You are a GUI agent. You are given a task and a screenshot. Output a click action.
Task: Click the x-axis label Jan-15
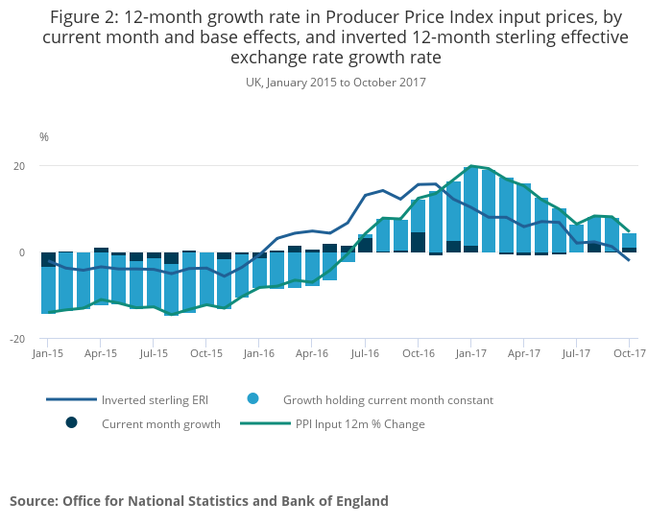click(x=48, y=354)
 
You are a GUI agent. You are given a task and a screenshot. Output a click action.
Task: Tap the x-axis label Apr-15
click(x=101, y=354)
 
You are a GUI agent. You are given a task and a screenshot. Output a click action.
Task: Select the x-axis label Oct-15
click(x=206, y=354)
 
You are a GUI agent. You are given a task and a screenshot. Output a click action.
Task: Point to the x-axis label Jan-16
click(x=259, y=354)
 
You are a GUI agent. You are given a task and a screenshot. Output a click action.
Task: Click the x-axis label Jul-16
click(x=365, y=354)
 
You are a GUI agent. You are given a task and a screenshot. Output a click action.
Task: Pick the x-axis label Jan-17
click(x=470, y=354)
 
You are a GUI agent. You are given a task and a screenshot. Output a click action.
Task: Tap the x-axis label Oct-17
click(x=629, y=354)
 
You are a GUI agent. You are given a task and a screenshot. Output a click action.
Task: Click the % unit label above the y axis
click(x=43, y=137)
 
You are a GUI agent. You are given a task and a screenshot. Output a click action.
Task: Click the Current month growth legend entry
click(x=160, y=423)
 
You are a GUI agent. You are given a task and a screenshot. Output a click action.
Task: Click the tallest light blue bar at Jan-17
click(x=471, y=206)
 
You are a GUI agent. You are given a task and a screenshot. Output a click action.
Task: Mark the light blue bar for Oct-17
click(x=630, y=240)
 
